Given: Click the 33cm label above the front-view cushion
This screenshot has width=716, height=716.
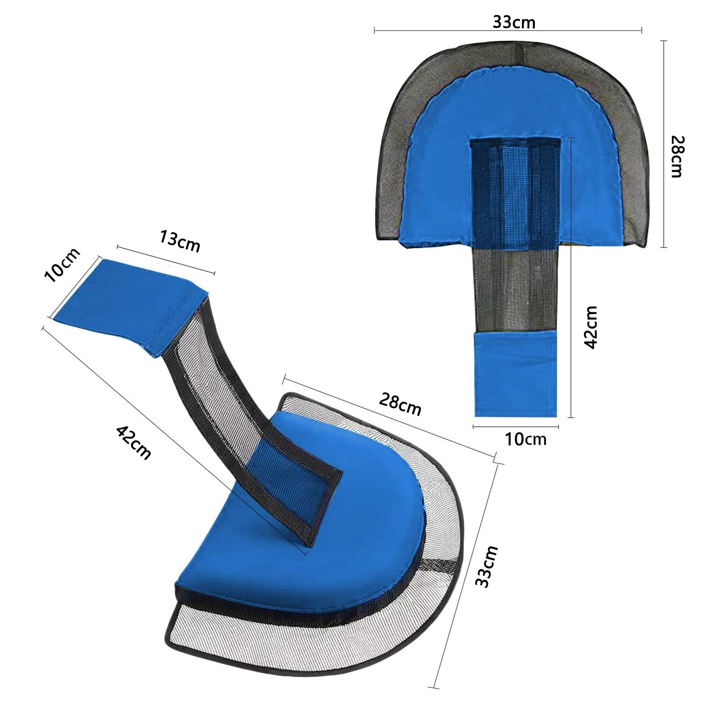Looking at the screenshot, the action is [x=514, y=22].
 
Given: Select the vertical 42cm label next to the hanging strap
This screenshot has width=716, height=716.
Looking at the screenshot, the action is [x=591, y=327].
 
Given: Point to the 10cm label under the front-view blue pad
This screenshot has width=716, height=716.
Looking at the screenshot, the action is [x=526, y=439].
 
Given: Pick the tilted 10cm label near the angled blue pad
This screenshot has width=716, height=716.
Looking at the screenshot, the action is [x=63, y=265].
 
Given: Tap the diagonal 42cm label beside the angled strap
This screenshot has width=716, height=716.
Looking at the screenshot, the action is [x=134, y=443].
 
